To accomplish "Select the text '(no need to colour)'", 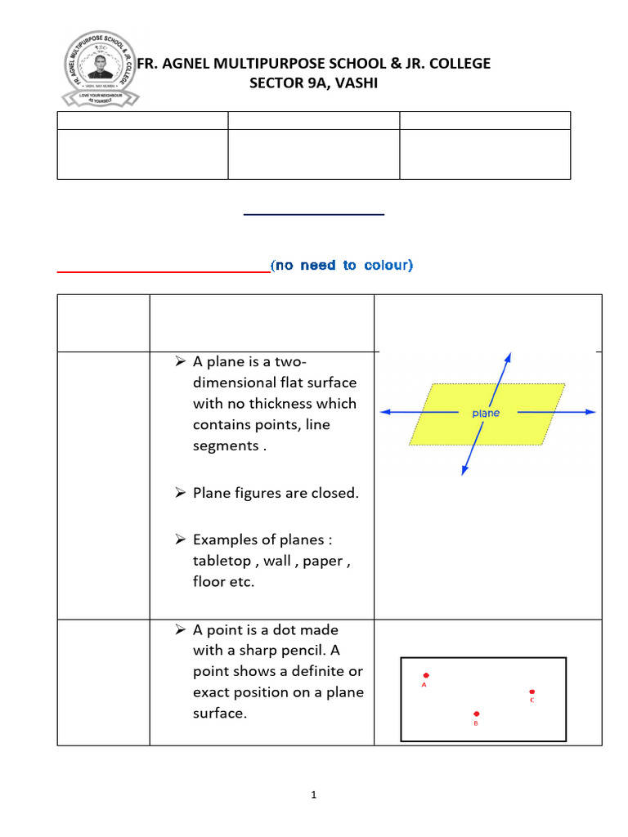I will click(x=342, y=266).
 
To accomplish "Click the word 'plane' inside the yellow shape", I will click(x=486, y=414).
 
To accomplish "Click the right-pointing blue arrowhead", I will click(x=590, y=414).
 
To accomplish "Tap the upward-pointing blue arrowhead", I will click(x=509, y=357).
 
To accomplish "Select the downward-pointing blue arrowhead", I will click(x=464, y=469).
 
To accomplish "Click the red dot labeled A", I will click(x=426, y=675).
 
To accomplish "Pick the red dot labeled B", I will click(x=477, y=714).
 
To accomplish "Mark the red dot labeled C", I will click(x=532, y=692).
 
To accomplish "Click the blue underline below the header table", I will click(x=314, y=215).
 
